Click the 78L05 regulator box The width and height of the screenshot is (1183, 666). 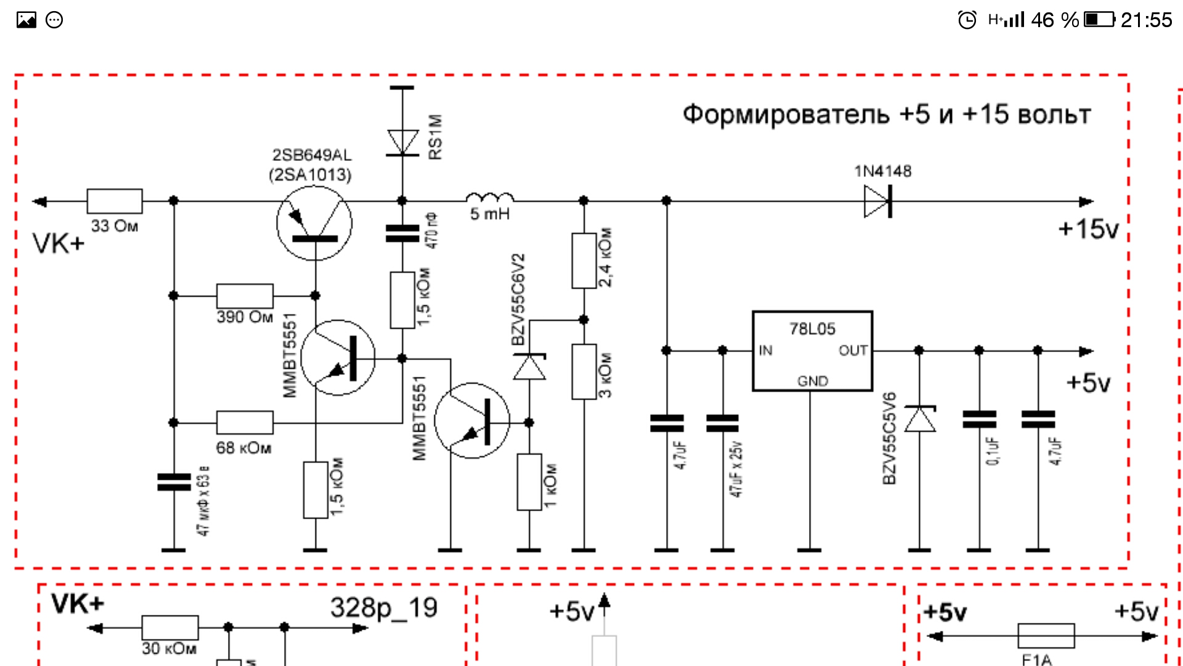[x=812, y=351]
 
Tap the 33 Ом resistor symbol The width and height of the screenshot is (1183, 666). [x=115, y=201]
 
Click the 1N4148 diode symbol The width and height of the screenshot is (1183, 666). [x=877, y=202]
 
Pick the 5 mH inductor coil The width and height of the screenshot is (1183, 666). [x=490, y=198]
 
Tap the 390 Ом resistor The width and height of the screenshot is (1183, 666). [x=245, y=296]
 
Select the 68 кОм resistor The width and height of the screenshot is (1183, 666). [x=245, y=423]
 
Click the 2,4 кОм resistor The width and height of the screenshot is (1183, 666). [x=583, y=260]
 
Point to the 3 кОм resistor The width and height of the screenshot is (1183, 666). [x=583, y=372]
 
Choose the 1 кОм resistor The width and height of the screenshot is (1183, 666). [x=529, y=482]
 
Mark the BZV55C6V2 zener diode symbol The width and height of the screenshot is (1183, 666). [x=529, y=367]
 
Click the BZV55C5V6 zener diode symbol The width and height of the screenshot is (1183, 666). [x=919, y=419]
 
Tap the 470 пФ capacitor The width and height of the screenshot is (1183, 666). [x=402, y=234]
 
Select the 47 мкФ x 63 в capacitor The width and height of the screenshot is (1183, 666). [x=174, y=482]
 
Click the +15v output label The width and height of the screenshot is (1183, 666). [x=1088, y=229]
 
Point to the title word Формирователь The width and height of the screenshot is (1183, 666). [x=786, y=115]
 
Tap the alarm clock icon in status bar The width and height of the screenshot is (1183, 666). [x=967, y=20]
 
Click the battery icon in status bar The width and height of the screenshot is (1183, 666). [x=1099, y=20]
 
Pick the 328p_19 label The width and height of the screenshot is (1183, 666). [x=384, y=608]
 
